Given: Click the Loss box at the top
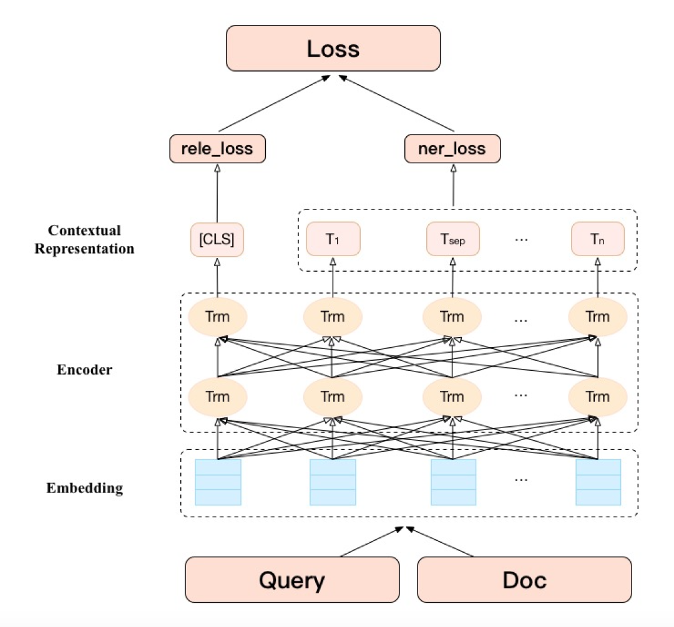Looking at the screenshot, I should click(333, 48).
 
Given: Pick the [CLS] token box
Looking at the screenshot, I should click(217, 239).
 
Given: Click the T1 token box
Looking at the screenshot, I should click(333, 239).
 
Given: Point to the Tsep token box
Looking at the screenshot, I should click(453, 239).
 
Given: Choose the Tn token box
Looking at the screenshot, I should click(597, 239).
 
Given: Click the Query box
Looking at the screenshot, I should click(292, 580).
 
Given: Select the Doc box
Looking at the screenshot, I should click(524, 580).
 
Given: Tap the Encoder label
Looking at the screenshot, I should click(84, 370).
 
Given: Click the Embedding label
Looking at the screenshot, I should click(84, 487).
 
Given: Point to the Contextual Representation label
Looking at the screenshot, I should click(84, 239).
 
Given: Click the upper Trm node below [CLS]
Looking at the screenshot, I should click(218, 317).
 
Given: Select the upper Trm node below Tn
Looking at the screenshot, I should click(598, 317).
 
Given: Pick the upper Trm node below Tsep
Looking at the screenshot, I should click(452, 317).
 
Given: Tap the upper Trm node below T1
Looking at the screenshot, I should click(333, 317).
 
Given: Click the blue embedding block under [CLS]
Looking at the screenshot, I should click(218, 482).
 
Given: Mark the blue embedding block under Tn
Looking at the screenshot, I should click(598, 482).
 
